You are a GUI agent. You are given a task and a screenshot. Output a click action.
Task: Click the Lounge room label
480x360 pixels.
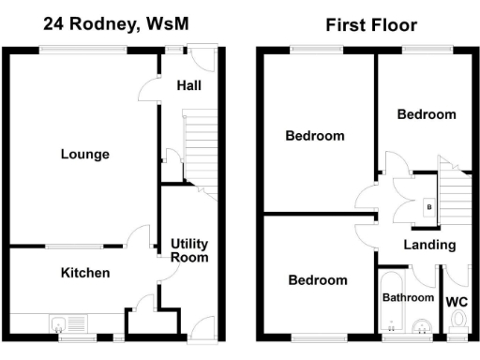(x=85, y=155)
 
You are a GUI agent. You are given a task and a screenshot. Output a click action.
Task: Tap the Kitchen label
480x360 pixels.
(x=85, y=273)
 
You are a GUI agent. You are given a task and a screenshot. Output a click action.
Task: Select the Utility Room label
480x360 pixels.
(x=189, y=250)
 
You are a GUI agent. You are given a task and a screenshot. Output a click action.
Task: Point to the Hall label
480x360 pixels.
(x=188, y=86)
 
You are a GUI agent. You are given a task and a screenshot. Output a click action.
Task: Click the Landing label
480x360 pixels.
(x=429, y=245)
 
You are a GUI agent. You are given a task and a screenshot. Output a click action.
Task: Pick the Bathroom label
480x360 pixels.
(x=409, y=297)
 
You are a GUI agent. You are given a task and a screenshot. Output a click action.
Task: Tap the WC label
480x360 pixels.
(x=457, y=302)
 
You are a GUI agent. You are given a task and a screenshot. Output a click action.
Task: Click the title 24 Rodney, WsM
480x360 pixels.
(x=115, y=24)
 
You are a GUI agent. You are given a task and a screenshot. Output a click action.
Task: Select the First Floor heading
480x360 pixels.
(x=371, y=24)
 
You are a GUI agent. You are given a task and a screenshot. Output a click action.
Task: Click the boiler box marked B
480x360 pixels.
(x=429, y=205)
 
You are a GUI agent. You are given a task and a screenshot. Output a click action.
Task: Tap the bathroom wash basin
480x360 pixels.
(x=422, y=326)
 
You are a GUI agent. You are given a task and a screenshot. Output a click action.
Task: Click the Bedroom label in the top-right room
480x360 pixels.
(x=427, y=114)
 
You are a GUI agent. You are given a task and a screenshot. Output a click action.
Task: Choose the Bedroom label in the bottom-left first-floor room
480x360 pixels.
(x=317, y=279)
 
